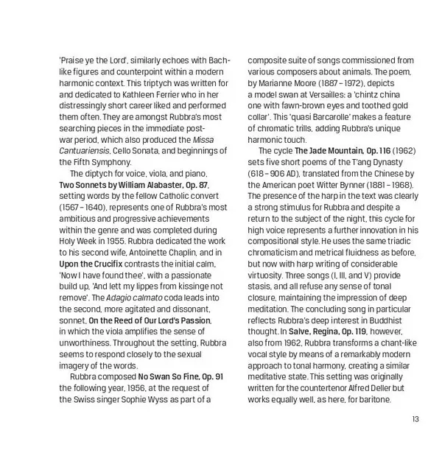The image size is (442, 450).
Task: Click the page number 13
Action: (416, 421)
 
